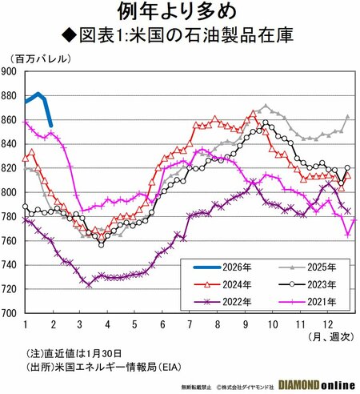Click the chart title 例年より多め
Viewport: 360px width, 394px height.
[180, 12]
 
